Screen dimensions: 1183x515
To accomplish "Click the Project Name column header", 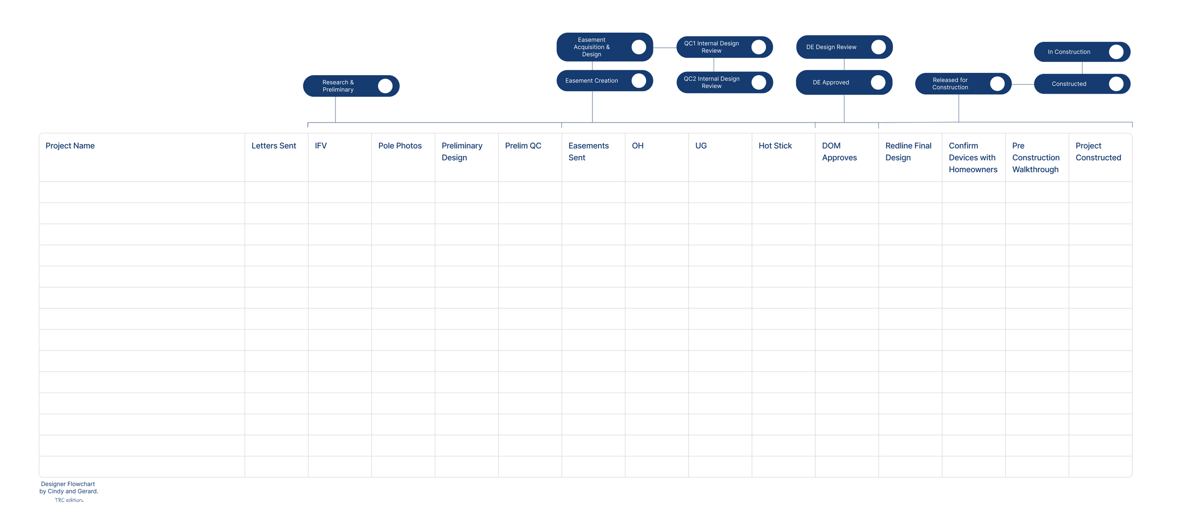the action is pyautogui.click(x=70, y=146).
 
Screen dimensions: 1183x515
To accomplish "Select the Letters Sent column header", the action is pyautogui.click(x=274, y=146).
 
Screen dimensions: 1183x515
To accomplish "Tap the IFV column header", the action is pyautogui.click(x=320, y=146).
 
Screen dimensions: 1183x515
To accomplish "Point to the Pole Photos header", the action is pyautogui.click(x=399, y=146).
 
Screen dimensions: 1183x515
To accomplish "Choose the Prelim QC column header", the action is pyautogui.click(x=522, y=146).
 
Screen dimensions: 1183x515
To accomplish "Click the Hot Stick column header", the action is pyautogui.click(x=775, y=146).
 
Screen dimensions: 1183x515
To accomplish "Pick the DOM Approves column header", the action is pyautogui.click(x=839, y=151).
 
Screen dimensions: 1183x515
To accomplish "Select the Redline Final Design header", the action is pyautogui.click(x=908, y=151).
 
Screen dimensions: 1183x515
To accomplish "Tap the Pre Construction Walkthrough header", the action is pyautogui.click(x=1035, y=157).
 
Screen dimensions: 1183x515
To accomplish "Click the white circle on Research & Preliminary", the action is pyautogui.click(x=385, y=86).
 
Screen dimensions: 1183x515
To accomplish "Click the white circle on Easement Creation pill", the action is pyautogui.click(x=638, y=80).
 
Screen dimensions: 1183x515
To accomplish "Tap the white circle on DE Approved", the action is pyautogui.click(x=878, y=82).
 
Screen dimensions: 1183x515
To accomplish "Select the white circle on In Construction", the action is pyautogui.click(x=1116, y=52).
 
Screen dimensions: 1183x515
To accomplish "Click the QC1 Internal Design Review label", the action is pyautogui.click(x=711, y=47).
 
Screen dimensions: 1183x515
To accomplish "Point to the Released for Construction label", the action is pyautogui.click(x=950, y=84).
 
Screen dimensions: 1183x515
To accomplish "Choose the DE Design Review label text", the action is pyautogui.click(x=831, y=47).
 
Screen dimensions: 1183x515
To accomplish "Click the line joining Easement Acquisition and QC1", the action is pyautogui.click(x=664, y=48).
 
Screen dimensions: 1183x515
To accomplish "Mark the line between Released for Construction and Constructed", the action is pyautogui.click(x=1023, y=84).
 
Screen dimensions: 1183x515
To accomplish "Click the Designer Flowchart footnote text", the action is pyautogui.click(x=69, y=488).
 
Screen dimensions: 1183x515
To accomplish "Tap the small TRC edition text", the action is pyautogui.click(x=69, y=500).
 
